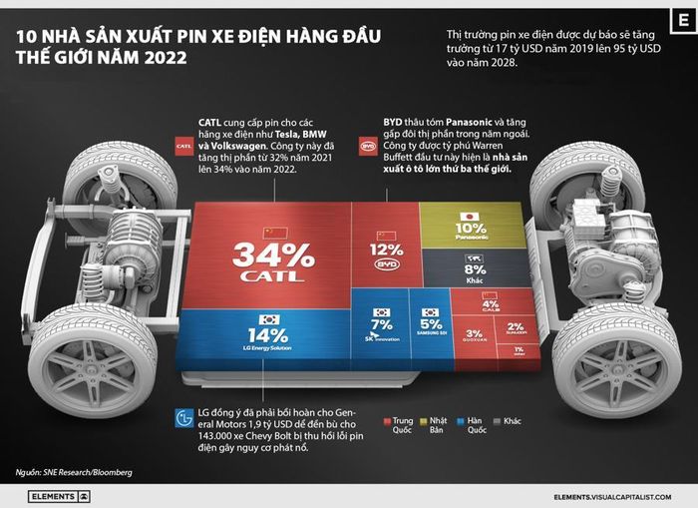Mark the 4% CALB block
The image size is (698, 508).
(490, 302)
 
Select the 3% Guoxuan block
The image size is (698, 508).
(475, 335)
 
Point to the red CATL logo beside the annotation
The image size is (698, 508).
(182, 146)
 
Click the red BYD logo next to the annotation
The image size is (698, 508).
(368, 146)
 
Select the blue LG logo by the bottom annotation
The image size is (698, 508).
(181, 417)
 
